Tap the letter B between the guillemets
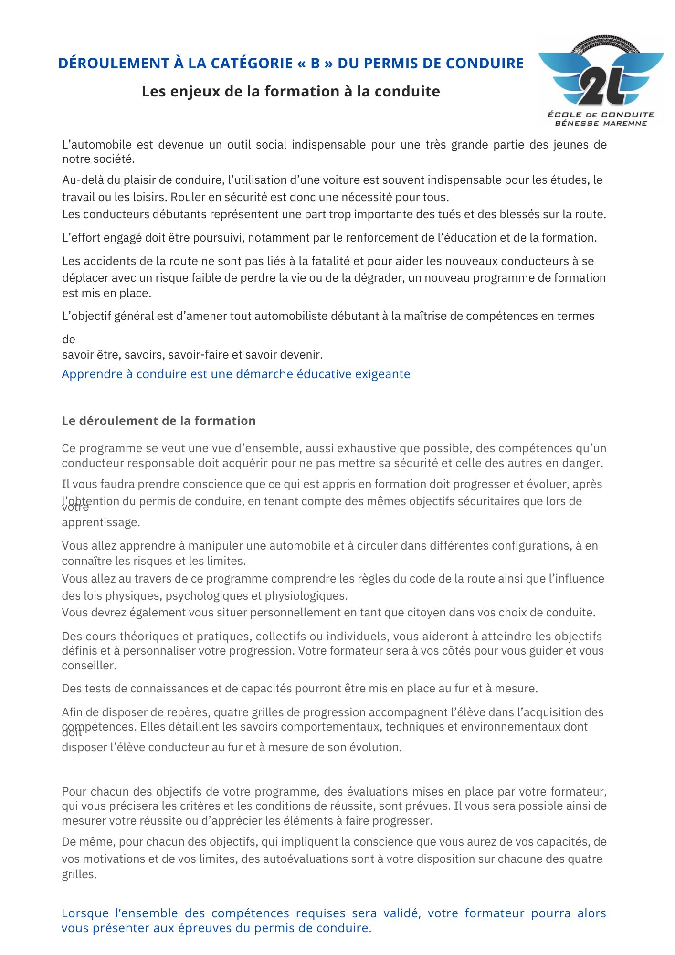315,64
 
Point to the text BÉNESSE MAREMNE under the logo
601,123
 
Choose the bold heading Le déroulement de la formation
158,421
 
